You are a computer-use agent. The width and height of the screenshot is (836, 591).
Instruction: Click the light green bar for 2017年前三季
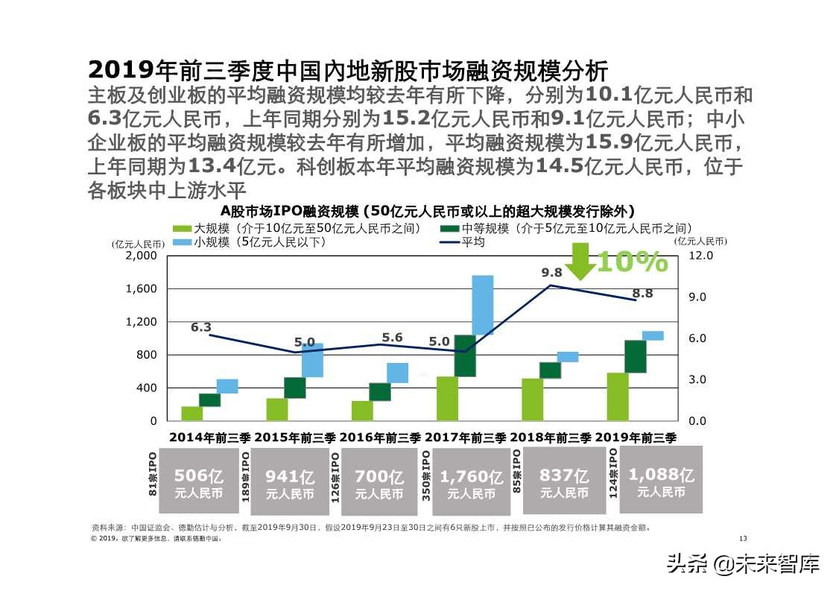point(447,399)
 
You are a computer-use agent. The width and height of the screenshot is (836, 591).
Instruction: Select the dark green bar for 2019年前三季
point(636,356)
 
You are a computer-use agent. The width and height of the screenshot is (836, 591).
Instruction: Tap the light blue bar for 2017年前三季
point(483,305)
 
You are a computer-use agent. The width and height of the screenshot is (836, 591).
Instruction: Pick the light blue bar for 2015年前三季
point(312,360)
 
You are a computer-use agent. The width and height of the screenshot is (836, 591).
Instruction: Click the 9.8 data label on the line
point(551,274)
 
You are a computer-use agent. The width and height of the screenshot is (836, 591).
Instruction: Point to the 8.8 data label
point(642,294)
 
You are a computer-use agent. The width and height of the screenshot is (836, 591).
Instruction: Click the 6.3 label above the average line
point(201,327)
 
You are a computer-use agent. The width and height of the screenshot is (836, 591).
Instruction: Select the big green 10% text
point(632,262)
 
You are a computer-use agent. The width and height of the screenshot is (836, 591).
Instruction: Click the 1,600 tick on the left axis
point(142,288)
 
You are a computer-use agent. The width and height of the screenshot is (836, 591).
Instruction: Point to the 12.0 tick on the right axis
point(704,256)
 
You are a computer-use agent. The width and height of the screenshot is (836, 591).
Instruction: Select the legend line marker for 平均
point(450,242)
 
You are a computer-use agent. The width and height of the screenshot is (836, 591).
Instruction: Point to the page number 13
point(741,539)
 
